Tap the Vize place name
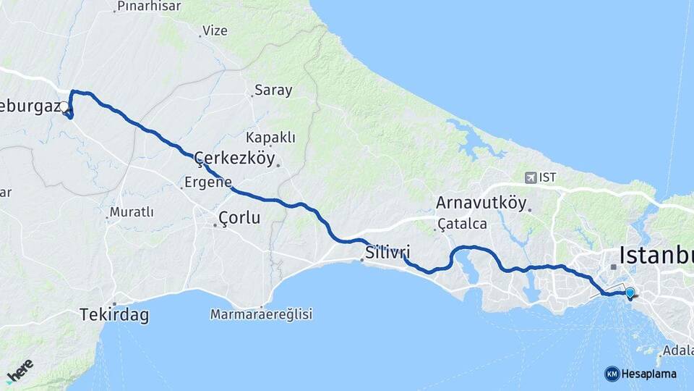point(215,30)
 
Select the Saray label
point(273,91)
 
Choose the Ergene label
point(207,182)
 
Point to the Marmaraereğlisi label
point(261,314)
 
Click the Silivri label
point(387,253)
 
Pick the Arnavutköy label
point(481,203)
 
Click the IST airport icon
point(532,177)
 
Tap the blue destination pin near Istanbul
point(630,293)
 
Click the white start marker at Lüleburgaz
point(64,107)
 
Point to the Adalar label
point(678,350)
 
